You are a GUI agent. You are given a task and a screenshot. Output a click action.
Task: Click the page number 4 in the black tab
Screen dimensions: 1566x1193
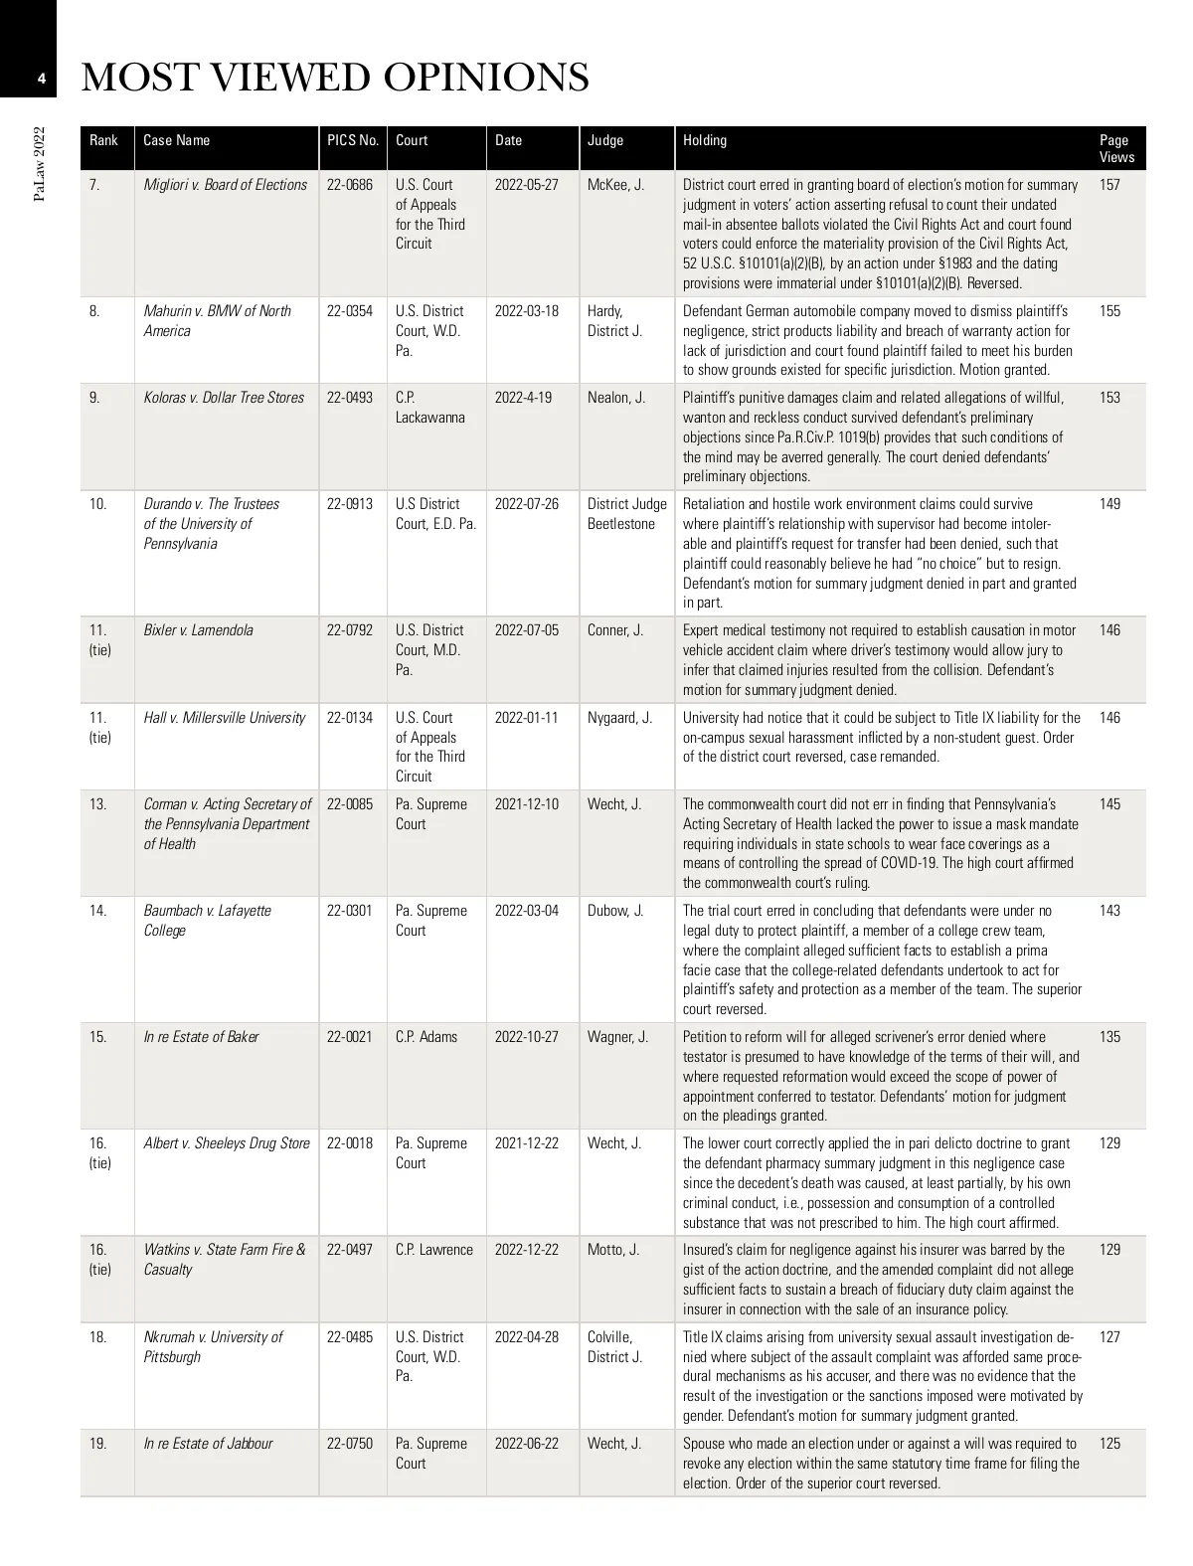(x=41, y=79)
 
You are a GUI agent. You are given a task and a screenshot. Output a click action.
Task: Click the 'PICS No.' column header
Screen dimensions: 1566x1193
(x=352, y=140)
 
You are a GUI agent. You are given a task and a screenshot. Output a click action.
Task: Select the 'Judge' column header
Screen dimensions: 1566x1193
(x=605, y=140)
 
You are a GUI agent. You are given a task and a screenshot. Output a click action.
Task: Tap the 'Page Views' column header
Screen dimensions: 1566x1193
(x=1116, y=148)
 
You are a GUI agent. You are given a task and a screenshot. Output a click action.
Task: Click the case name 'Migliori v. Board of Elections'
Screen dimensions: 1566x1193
(x=225, y=185)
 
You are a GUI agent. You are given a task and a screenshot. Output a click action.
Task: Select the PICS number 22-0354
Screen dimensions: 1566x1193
(x=350, y=311)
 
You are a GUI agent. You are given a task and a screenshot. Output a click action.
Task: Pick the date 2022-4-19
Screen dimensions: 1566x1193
(x=523, y=398)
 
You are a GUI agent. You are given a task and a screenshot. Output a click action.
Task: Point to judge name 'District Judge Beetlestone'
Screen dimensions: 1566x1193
(x=626, y=514)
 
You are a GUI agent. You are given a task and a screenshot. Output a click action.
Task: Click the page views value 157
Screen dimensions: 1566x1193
(x=1109, y=185)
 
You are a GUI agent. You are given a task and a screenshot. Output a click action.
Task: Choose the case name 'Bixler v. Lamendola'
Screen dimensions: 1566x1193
(x=198, y=630)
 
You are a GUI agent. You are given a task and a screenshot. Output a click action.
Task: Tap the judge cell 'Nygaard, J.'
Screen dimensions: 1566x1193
(x=619, y=718)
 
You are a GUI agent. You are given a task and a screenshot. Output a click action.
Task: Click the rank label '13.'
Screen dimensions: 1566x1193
(x=97, y=804)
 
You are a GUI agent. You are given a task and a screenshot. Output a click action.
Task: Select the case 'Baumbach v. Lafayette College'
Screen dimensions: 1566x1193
(x=207, y=921)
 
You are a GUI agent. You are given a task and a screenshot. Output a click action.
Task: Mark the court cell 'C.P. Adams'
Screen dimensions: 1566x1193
(x=426, y=1037)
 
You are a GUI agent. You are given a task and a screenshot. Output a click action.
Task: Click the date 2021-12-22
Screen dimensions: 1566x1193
(x=527, y=1143)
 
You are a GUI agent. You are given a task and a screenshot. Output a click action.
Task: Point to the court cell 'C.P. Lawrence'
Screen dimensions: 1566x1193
(x=434, y=1250)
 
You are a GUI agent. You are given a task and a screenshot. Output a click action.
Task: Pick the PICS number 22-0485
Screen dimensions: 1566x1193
(x=350, y=1337)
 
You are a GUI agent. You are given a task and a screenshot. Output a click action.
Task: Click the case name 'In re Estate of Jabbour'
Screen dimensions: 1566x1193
(x=208, y=1444)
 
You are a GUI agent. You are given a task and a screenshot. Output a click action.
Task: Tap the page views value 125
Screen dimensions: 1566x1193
(x=1109, y=1444)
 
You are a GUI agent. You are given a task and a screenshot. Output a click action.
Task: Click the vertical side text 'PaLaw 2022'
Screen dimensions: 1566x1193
(x=39, y=163)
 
